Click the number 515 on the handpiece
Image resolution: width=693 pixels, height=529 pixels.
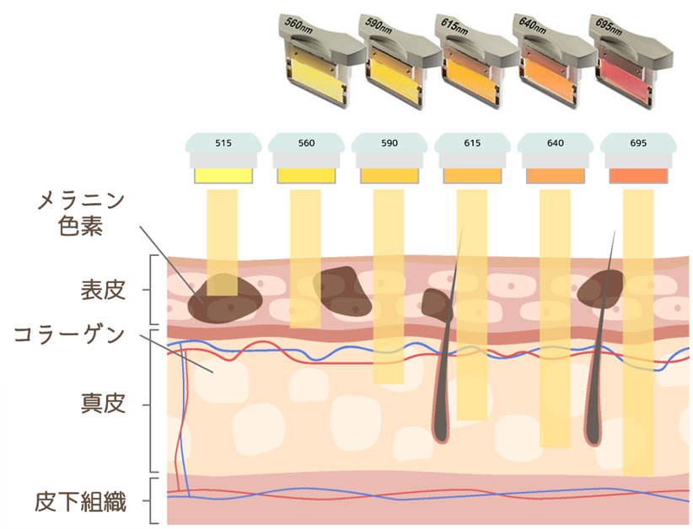[223, 143]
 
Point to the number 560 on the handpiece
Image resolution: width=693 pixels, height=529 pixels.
[306, 143]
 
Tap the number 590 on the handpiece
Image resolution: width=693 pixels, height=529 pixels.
[389, 143]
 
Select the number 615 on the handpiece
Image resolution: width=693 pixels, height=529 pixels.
[472, 143]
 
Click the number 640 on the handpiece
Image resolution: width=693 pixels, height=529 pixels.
[555, 143]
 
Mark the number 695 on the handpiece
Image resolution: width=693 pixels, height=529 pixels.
[638, 143]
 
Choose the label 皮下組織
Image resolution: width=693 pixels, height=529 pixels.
[81, 503]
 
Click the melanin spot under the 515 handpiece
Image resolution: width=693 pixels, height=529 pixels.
[224, 300]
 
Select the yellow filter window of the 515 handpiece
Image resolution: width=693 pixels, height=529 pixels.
[223, 175]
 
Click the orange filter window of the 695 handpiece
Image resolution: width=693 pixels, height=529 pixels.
[638, 175]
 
